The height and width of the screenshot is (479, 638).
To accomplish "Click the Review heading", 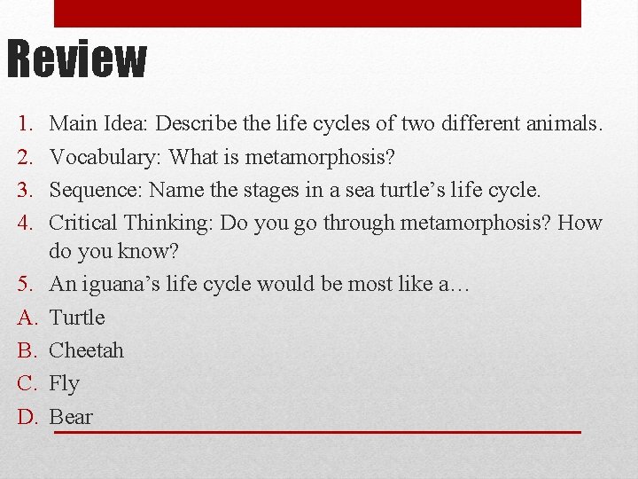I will tap(76, 59).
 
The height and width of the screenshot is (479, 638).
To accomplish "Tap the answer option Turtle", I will tap(77, 318).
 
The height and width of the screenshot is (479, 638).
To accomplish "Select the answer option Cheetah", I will tap(86, 350).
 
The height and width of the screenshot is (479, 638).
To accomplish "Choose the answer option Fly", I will tap(64, 383).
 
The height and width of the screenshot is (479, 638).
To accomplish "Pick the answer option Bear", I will tap(70, 417).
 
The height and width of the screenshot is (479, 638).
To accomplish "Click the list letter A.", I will tap(25, 318).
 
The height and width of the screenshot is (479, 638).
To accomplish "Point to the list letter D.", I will tap(25, 417).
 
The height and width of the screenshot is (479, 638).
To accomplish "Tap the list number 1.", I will tap(24, 124).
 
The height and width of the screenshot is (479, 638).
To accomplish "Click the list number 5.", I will tap(24, 285).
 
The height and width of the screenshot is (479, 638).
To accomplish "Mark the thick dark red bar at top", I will tap(317, 12).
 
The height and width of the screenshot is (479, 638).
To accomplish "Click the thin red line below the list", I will tap(317, 432).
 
